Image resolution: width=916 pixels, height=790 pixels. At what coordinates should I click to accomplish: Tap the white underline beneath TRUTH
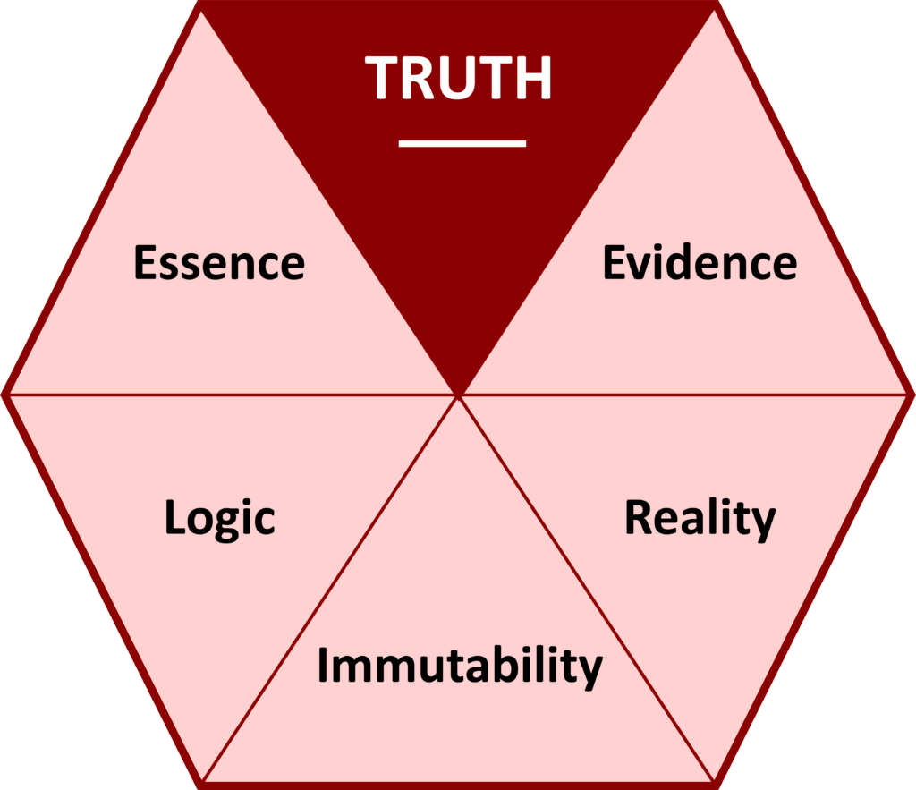click(x=462, y=142)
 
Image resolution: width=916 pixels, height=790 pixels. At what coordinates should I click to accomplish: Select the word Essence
click(x=219, y=263)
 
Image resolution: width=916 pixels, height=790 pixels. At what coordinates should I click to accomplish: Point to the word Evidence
click(x=700, y=263)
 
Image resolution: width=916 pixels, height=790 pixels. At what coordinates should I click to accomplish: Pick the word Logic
click(x=219, y=518)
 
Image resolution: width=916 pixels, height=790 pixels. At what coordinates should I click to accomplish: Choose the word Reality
click(x=700, y=518)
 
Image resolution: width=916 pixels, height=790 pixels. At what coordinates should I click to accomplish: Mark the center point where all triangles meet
click(x=458, y=394)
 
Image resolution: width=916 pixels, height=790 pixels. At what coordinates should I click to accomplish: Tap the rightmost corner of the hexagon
click(x=912, y=394)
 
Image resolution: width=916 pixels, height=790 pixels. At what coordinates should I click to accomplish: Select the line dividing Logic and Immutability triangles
click(x=331, y=590)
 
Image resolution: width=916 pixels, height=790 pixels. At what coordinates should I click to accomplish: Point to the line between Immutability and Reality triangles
click(x=586, y=590)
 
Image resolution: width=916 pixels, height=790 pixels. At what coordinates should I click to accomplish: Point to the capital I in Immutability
click(x=324, y=664)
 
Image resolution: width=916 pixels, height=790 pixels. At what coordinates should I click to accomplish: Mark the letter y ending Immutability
click(x=592, y=670)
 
